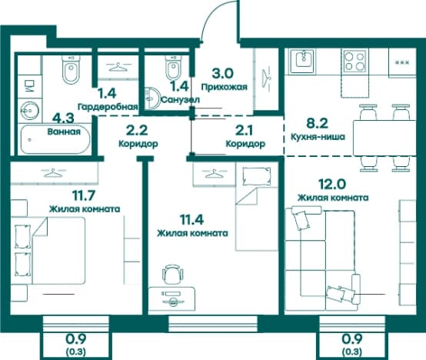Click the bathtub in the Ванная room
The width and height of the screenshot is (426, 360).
tap(55, 140)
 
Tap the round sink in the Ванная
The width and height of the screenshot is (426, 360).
tap(29, 111)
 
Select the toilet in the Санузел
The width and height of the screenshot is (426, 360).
tap(173, 67)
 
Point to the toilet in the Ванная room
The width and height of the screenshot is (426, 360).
tap(71, 69)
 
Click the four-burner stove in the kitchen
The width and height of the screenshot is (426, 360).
tap(354, 61)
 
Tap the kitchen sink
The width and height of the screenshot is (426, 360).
tap(302, 61)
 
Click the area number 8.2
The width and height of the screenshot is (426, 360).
tap(317, 123)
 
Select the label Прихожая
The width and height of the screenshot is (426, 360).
tap(225, 87)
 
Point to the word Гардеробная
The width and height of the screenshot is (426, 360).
tap(108, 107)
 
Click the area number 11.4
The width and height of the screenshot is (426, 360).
tap(192, 219)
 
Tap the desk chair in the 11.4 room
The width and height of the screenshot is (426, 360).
tap(172, 274)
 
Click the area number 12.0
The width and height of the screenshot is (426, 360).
tap(332, 184)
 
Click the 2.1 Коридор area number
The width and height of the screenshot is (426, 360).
tap(244, 131)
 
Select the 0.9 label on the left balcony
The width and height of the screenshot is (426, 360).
tap(76, 338)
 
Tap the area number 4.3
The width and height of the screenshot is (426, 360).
tap(63, 118)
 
